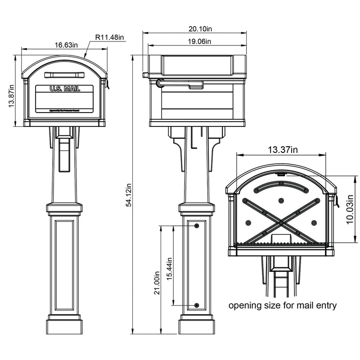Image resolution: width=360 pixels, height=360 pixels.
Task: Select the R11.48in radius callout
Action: pyautogui.click(x=110, y=37)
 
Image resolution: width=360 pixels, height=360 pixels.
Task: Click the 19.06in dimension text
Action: pyautogui.click(x=198, y=41)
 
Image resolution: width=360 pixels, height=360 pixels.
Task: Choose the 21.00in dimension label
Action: pyautogui.click(x=157, y=282)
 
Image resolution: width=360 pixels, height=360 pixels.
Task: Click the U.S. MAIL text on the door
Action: pyautogui.click(x=65, y=89)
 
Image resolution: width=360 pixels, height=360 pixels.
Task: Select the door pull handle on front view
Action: pyautogui.click(x=65, y=74)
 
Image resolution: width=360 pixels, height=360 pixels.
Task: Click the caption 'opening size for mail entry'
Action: pyautogui.click(x=283, y=306)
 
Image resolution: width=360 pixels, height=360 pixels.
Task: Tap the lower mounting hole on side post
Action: pyautogui.click(x=196, y=306)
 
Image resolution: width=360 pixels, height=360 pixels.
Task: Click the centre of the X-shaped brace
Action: pyautogui.click(x=280, y=223)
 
